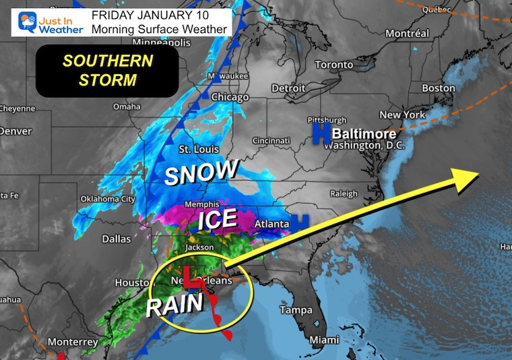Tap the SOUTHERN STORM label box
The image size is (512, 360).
tap(108, 70)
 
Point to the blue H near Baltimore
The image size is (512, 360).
tap(317, 133)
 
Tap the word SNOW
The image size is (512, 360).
tap(201, 173)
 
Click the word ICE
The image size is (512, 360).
tap(217, 218)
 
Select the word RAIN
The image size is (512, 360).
tap(174, 305)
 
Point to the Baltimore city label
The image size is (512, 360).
tap(363, 133)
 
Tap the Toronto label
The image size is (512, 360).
tap(333, 65)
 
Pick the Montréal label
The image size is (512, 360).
tap(408, 33)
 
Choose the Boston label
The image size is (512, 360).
tap(439, 88)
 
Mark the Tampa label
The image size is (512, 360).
tap(296, 310)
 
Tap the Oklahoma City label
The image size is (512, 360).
tap(108, 198)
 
